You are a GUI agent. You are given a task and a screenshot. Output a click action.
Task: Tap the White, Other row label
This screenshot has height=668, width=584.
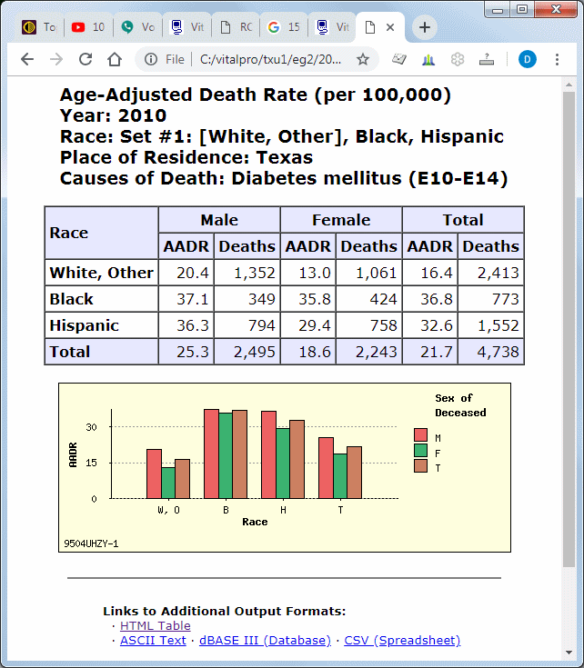tap(102, 273)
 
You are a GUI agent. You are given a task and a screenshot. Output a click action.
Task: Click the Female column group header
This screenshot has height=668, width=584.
tap(341, 220)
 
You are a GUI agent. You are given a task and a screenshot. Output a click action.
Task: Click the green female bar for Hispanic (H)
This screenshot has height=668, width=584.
tap(283, 463)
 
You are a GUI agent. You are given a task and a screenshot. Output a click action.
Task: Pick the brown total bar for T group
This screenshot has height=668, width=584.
tap(355, 472)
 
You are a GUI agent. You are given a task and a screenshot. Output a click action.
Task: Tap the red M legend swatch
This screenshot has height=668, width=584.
tap(420, 435)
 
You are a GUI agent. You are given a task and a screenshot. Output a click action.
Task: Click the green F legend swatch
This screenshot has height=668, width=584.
tap(420, 450)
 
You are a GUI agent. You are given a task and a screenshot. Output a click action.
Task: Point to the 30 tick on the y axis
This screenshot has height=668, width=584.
tap(91, 426)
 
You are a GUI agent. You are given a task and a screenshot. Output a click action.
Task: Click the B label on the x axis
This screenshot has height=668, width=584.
tap(226, 510)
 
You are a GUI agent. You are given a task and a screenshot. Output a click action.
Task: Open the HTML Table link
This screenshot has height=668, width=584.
tap(156, 625)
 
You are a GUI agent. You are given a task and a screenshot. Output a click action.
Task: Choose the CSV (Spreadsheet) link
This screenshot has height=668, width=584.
tap(402, 640)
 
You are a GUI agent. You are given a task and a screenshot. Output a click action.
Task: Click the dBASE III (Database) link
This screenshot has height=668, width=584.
tap(265, 640)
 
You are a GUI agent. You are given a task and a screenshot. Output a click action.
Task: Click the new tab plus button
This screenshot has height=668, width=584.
tap(424, 27)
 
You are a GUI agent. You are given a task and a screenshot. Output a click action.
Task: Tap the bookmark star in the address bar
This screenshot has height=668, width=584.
tap(363, 59)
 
